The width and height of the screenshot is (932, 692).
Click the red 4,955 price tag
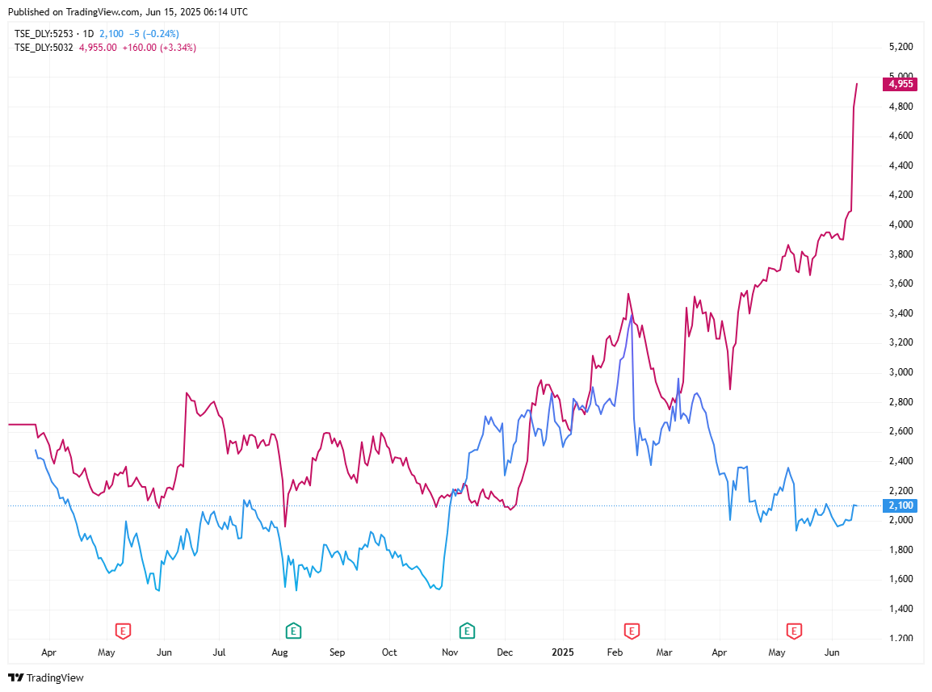(900, 83)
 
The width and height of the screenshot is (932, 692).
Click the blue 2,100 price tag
(900, 505)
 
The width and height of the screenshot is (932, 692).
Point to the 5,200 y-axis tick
(900, 47)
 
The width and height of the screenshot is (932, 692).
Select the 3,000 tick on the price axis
(900, 372)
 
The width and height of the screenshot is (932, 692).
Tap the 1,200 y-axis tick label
(900, 639)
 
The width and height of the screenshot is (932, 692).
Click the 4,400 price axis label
(900, 166)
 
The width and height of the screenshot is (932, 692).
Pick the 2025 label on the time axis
(560, 652)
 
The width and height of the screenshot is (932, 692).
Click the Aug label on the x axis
(279, 652)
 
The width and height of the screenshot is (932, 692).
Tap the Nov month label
(450, 652)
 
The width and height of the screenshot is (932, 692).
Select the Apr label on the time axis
(49, 652)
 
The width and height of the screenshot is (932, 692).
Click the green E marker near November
(466, 630)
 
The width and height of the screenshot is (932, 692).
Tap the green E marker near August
(293, 630)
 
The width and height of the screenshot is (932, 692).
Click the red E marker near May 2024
(123, 630)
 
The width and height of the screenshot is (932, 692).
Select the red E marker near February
(632, 630)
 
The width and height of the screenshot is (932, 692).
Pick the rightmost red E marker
(794, 630)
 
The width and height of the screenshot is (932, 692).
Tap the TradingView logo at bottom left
(46, 677)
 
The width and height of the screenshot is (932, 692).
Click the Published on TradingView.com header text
(128, 12)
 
